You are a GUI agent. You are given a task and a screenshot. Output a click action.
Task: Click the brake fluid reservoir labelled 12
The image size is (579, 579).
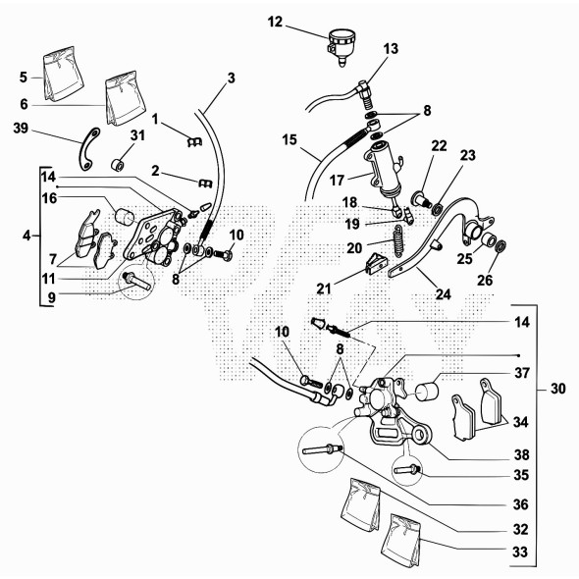coord(342,46)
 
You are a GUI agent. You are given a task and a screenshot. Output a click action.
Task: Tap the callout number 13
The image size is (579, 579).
coord(391,49)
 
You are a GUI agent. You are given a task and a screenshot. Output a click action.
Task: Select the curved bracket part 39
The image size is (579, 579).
coord(88,149)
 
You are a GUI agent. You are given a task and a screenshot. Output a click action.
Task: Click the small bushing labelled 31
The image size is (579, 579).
coord(118,165)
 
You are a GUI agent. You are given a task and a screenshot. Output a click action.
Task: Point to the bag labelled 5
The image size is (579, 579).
coord(63,74)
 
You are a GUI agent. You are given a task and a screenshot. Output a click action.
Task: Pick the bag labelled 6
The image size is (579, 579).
coord(125,98)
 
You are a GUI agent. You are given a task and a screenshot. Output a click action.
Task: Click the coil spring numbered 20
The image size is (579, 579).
coord(398,240)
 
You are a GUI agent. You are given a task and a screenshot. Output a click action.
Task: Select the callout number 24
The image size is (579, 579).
coord(444,294)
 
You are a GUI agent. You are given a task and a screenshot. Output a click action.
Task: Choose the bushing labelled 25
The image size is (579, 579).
coord(489,240)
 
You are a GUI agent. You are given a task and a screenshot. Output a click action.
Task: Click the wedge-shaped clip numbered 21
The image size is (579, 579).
coord(376,263)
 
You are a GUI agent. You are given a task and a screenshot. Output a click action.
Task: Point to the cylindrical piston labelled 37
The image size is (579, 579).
coord(427,392)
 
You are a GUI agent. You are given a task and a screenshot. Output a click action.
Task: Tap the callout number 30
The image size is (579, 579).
coord(557,389)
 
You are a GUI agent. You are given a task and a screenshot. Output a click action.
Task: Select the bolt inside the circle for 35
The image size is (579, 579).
coord(406,470)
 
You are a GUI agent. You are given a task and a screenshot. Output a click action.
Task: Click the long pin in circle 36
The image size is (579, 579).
coord(322,449)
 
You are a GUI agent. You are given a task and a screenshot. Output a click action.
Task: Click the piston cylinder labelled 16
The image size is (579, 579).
coord(124,216)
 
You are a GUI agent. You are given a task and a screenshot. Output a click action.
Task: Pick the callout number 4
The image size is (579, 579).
coord(26,236)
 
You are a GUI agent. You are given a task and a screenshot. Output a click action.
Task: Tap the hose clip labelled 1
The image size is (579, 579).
coord(194,141)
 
